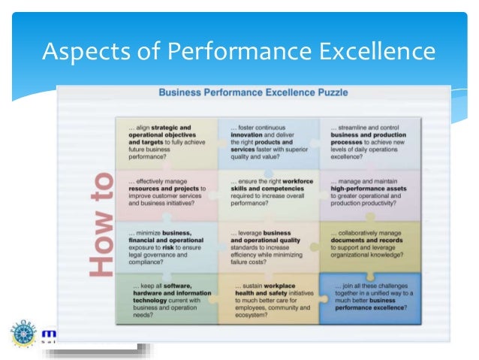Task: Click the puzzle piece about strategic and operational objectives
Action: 167,144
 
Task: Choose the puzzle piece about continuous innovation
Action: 269,144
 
